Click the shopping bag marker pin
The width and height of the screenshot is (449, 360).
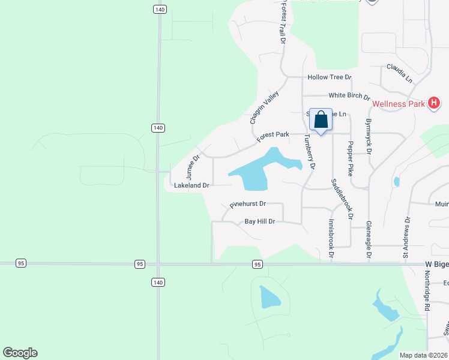321,120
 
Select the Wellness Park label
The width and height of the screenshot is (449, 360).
398,104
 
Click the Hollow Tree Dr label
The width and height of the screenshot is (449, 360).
329,77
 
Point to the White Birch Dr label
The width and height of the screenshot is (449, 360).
349,95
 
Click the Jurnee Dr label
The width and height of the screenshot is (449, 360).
193,167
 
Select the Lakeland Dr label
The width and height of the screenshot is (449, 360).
191,186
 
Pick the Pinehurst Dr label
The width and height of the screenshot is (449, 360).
247,205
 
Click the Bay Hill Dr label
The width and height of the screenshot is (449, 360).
259,221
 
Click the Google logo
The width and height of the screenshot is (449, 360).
20,353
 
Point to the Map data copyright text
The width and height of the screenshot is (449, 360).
424,355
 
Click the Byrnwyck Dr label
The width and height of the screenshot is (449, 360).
369,137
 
